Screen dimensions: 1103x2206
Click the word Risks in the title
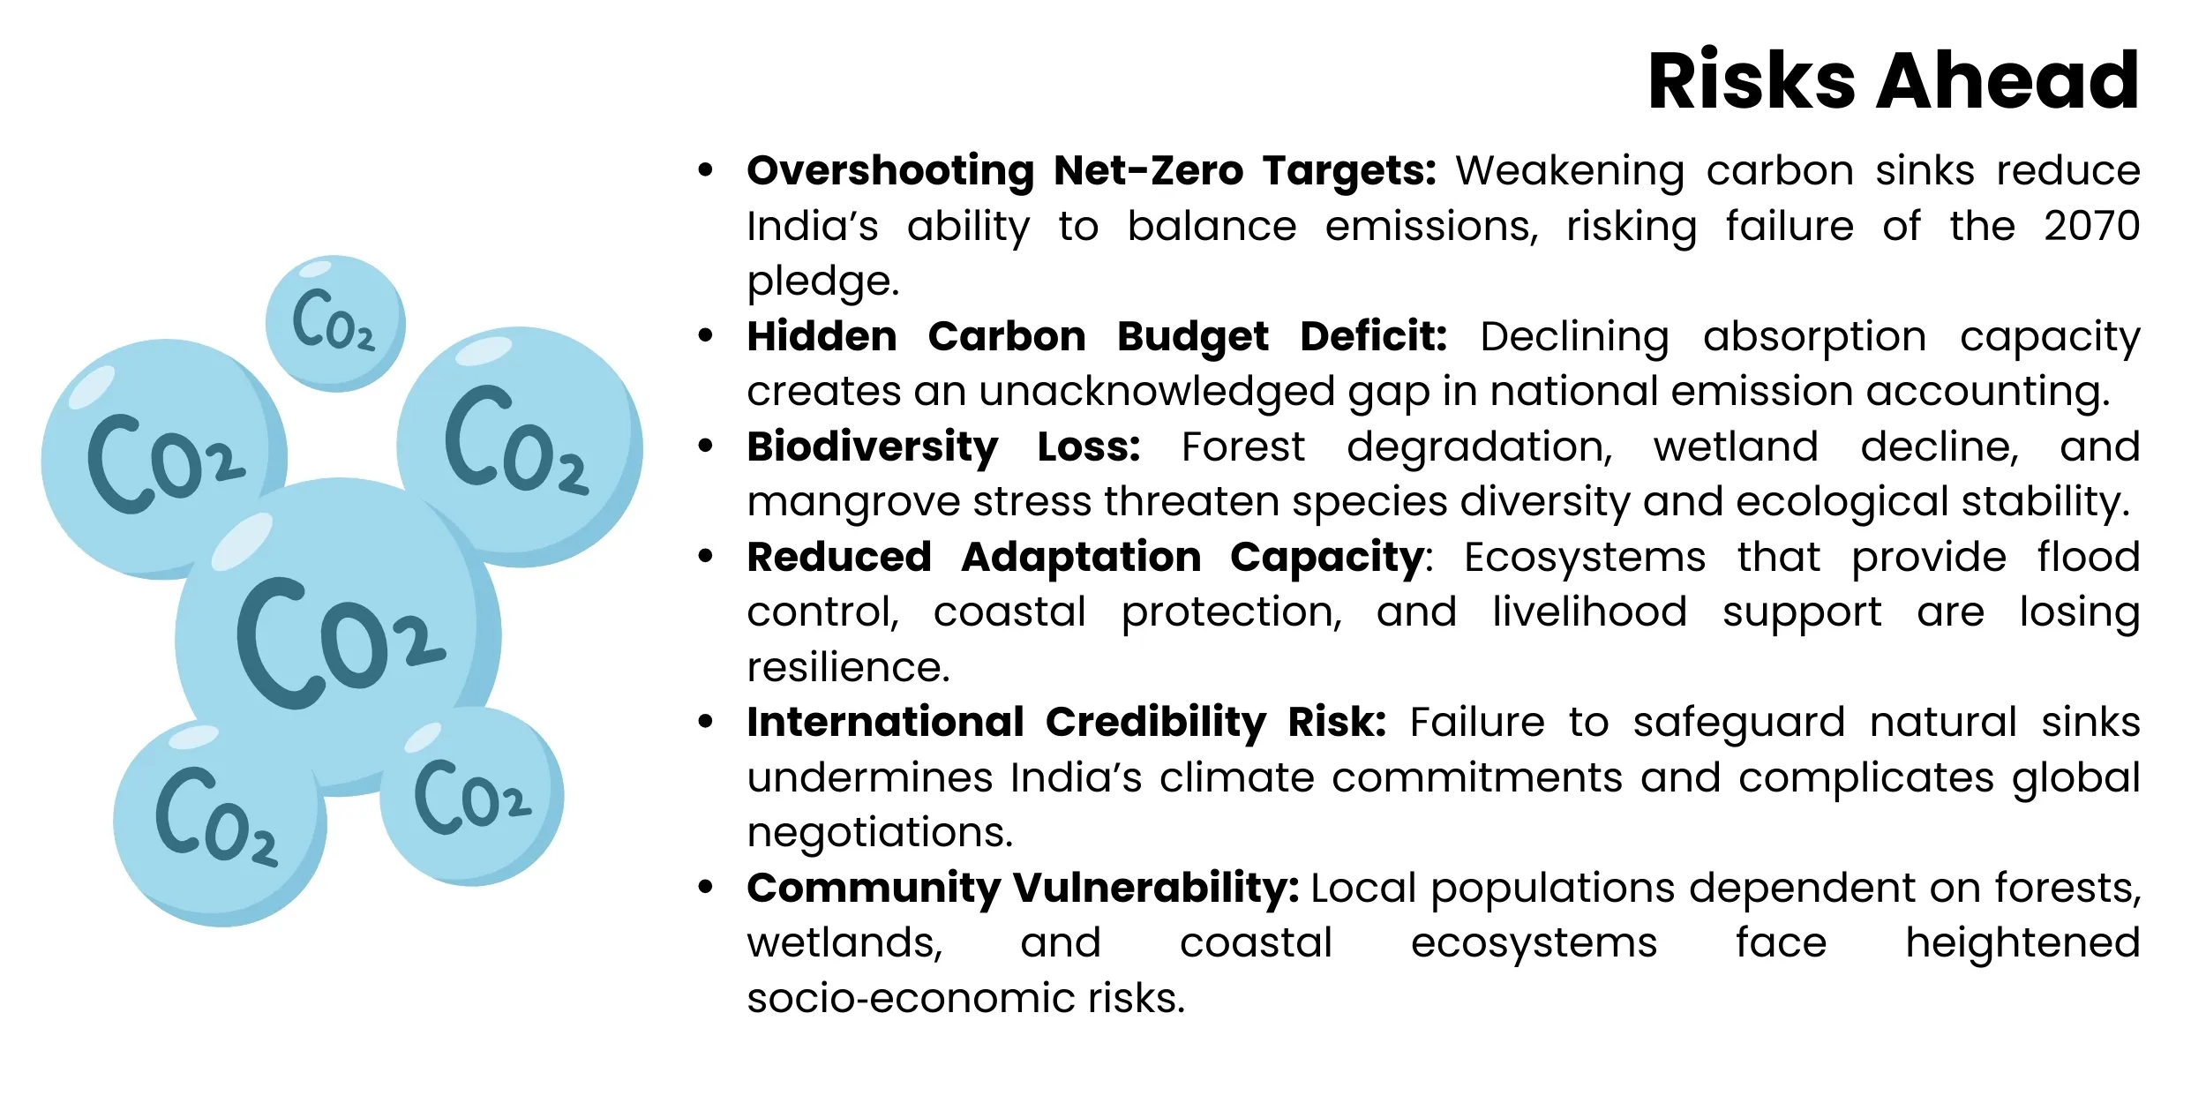1752,81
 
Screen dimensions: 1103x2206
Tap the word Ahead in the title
2008,81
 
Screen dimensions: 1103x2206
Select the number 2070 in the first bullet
2091,226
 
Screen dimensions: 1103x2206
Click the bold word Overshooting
890,171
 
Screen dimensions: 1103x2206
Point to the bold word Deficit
1373,336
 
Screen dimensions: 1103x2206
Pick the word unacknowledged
1156,391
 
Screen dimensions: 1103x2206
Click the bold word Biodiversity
873,446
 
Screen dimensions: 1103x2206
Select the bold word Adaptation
1081,557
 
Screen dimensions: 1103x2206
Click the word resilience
848,667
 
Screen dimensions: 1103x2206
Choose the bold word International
885,722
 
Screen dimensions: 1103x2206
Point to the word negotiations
880,832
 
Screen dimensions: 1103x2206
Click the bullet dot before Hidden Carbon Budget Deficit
705,335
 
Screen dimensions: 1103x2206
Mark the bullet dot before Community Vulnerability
705,887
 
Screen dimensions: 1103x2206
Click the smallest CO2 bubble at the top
335,323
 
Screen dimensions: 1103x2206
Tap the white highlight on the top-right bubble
484,351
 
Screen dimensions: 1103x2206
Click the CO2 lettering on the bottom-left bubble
216,816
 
